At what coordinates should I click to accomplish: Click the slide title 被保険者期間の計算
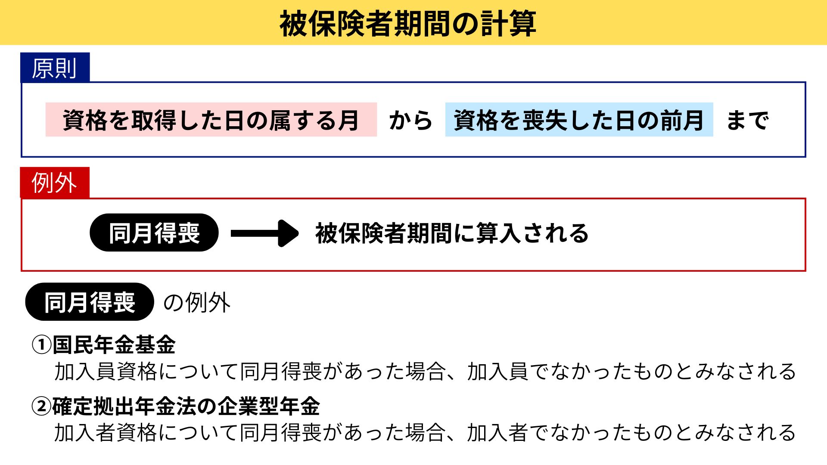tap(407, 24)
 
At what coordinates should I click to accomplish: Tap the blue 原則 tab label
tap(54, 68)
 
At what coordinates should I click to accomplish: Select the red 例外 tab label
tap(54, 183)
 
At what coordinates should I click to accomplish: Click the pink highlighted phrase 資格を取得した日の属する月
tap(211, 120)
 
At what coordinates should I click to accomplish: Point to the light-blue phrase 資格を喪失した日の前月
tap(578, 120)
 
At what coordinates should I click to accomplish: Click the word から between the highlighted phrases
tap(410, 120)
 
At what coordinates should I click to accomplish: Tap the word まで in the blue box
tap(747, 120)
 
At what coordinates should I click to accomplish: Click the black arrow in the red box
tap(264, 233)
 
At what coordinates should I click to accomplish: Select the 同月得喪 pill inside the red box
tap(154, 233)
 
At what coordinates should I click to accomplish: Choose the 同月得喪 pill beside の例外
tap(90, 302)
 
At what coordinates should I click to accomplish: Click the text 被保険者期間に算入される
tap(452, 233)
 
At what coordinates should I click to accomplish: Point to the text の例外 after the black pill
tap(197, 302)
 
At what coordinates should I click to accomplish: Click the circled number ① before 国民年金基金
tap(42, 345)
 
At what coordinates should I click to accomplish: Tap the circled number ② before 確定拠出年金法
tap(42, 406)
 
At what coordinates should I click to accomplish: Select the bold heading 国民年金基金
tap(114, 345)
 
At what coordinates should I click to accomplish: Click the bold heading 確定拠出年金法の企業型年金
tap(186, 406)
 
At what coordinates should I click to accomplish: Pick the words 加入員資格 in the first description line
tap(106, 372)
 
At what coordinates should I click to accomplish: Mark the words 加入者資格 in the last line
tap(106, 433)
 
